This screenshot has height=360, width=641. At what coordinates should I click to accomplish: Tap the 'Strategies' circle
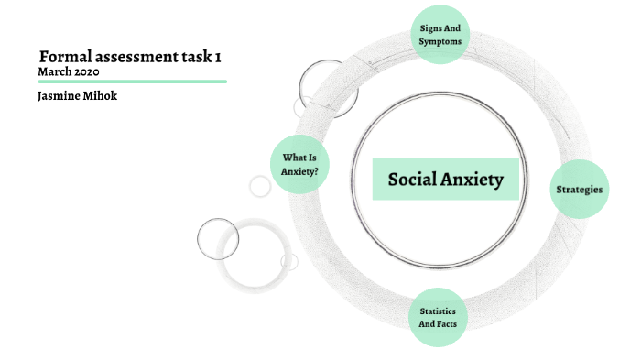tap(579, 190)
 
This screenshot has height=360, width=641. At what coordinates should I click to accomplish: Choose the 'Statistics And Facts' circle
tap(438, 316)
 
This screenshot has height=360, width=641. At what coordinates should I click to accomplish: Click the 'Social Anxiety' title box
tap(445, 179)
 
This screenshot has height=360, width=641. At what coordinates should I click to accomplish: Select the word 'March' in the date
tap(54, 71)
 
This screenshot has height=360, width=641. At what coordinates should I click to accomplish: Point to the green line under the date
tap(133, 82)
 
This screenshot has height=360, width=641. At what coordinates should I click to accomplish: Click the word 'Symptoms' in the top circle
tap(440, 42)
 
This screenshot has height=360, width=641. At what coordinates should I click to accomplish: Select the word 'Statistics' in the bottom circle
tap(437, 310)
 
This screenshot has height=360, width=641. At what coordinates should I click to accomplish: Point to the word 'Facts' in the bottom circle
tap(446, 323)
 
